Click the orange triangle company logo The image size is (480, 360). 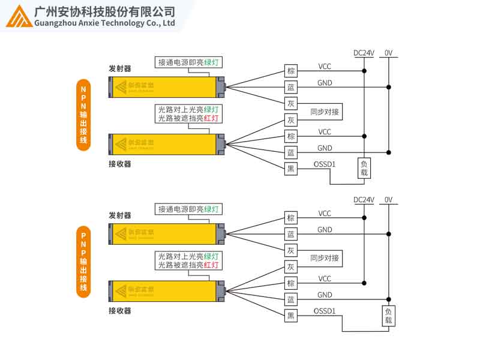(x=20, y=17)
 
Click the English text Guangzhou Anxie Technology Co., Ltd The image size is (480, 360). (x=105, y=23)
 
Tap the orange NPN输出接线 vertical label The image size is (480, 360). (x=83, y=115)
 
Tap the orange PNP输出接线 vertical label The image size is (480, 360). (x=83, y=262)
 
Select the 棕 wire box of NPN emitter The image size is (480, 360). (x=291, y=71)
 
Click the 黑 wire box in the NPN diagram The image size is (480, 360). (x=291, y=169)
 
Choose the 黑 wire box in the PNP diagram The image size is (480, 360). (x=291, y=316)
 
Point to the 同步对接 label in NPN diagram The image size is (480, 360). (x=325, y=112)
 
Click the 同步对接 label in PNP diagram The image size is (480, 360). (x=325, y=259)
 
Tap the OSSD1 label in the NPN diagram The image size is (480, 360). (x=325, y=164)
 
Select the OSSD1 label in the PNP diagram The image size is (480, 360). (x=325, y=311)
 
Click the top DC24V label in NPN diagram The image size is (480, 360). (x=364, y=53)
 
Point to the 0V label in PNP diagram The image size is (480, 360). (x=388, y=200)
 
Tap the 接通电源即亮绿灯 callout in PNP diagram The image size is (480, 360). (x=188, y=209)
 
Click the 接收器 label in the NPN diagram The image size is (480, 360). (x=119, y=164)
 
